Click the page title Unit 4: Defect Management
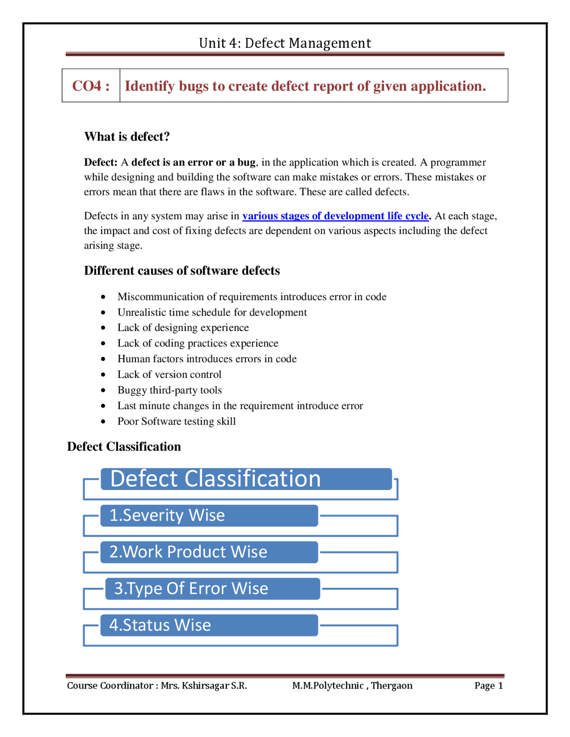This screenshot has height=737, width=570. [x=285, y=43]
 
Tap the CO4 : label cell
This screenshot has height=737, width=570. [x=91, y=85]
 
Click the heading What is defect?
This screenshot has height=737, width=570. [x=127, y=137]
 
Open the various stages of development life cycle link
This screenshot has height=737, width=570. [x=335, y=216]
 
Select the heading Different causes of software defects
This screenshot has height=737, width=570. [x=182, y=271]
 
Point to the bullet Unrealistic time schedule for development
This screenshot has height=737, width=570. [x=212, y=312]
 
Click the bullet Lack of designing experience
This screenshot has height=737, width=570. [x=183, y=328]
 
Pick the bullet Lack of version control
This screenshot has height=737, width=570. [x=169, y=374]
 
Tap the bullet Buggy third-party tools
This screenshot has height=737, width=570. [x=169, y=390]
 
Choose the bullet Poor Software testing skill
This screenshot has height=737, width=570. [x=176, y=421]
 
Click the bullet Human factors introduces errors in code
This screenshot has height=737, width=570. [x=207, y=359]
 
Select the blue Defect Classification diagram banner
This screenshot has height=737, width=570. [x=246, y=479]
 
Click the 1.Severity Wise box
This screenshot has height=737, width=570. [x=209, y=515]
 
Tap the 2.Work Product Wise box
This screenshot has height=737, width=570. [x=209, y=552]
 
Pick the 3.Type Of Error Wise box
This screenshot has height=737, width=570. [x=212, y=588]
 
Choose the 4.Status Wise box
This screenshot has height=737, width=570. [x=209, y=625]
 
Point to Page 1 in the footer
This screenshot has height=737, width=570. [x=489, y=685]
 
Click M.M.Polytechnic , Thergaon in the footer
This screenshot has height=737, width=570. [x=352, y=685]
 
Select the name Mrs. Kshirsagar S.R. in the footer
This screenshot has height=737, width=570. [x=204, y=685]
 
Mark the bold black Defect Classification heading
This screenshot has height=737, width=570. [x=124, y=446]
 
